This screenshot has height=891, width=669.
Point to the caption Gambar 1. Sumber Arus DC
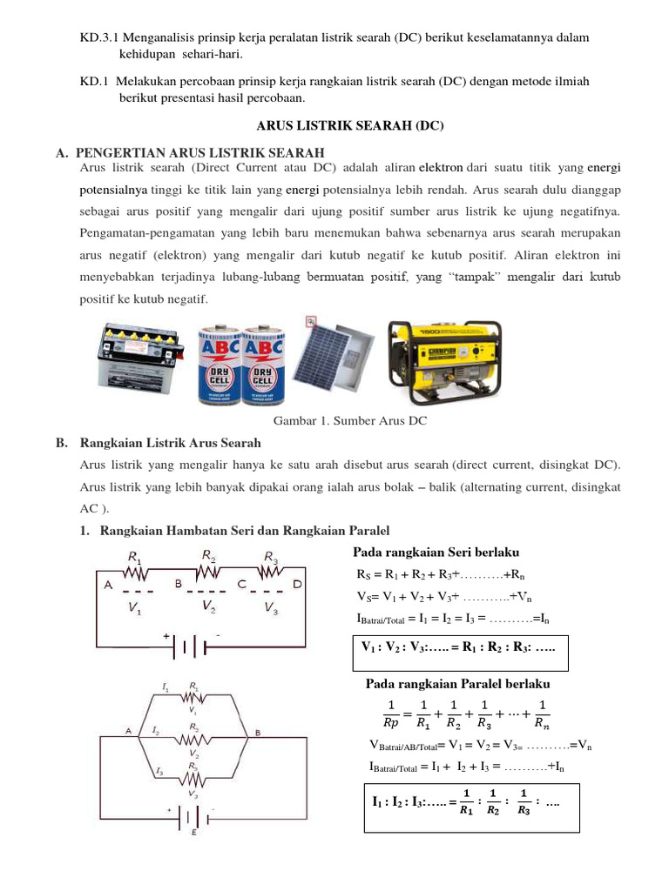point(351,421)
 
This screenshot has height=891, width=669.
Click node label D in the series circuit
point(297,585)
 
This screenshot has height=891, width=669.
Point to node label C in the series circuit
point(242,585)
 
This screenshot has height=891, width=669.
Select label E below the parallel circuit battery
point(193,834)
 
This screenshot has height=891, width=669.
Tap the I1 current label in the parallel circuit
point(165,687)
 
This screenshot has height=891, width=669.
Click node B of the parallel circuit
point(258,733)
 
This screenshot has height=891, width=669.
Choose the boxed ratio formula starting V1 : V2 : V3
point(459,650)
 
